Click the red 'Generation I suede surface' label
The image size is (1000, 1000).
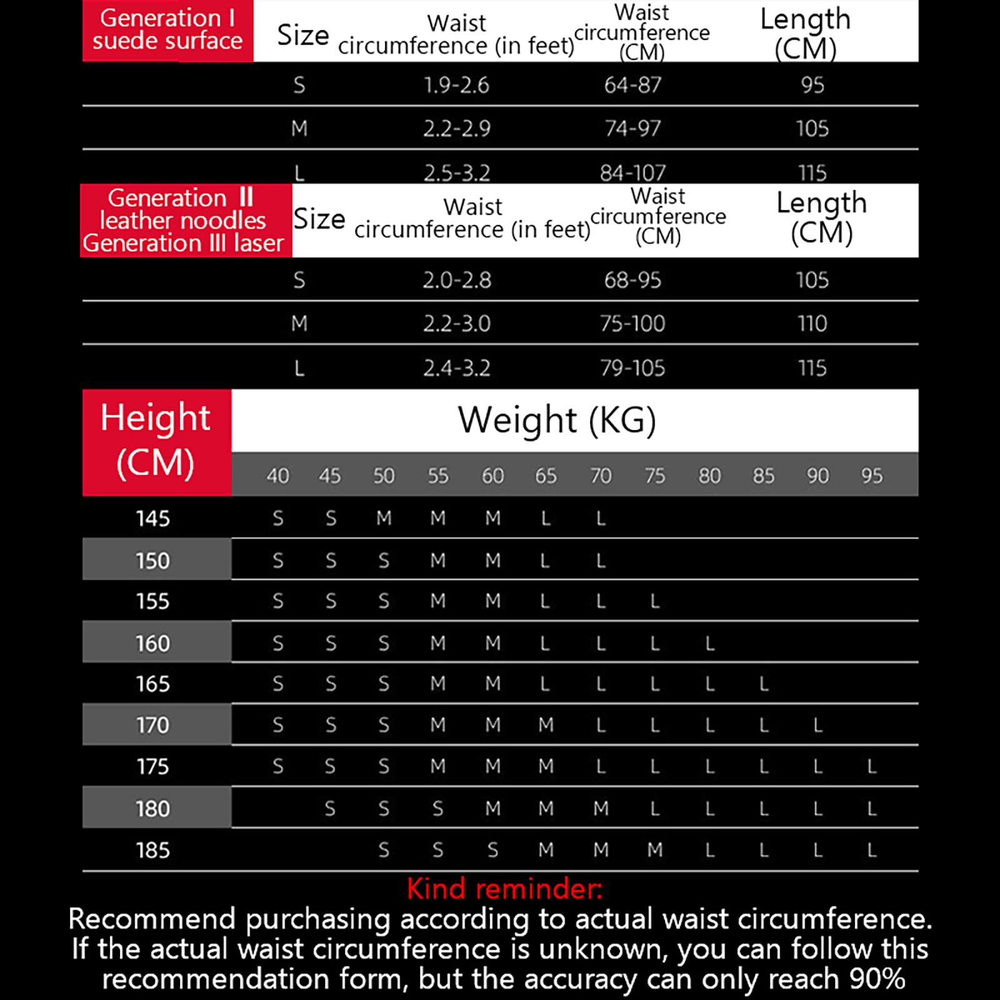tap(167, 30)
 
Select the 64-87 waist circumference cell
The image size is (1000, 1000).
tap(632, 85)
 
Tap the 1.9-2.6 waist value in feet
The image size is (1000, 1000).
tap(456, 85)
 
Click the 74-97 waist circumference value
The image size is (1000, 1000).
tap(632, 129)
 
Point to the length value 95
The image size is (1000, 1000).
tap(812, 85)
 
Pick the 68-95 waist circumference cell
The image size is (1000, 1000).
tap(632, 280)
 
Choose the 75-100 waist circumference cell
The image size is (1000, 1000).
tap(632, 324)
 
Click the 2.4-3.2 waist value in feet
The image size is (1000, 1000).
tap(456, 368)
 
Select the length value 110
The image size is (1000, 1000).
tap(812, 324)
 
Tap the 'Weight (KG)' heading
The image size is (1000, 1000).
tap(557, 420)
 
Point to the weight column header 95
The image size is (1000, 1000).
tap(872, 476)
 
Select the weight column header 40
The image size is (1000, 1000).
tap(278, 476)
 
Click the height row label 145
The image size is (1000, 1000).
tap(153, 519)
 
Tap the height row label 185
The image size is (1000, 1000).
tap(153, 851)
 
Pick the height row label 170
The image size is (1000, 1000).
tap(153, 726)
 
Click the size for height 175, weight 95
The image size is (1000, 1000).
tap(872, 767)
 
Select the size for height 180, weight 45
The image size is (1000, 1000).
tap(330, 809)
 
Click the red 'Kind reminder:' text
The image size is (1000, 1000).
tap(504, 888)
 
